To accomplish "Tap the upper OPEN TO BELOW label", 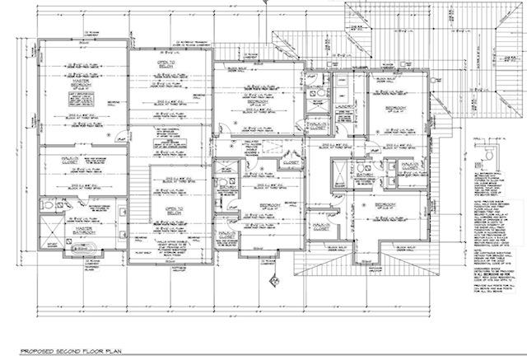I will point(168,66).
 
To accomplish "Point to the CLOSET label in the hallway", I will point(289,163).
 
